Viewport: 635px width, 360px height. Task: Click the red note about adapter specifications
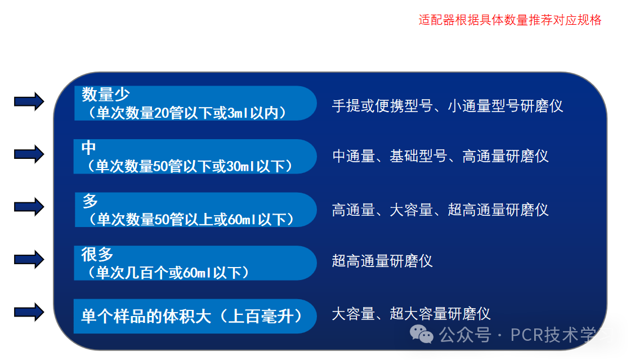click(510, 20)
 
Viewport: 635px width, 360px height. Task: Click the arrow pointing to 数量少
click(29, 101)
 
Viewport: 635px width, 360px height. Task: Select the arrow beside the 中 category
click(29, 154)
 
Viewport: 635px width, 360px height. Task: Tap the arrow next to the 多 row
click(29, 207)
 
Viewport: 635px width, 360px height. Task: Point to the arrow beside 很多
click(29, 260)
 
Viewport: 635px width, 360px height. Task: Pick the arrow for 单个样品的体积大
click(29, 312)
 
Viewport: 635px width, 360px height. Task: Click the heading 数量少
click(106, 95)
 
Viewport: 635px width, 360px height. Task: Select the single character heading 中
click(89, 148)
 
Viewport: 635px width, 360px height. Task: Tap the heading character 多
click(90, 201)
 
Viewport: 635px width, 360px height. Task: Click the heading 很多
click(97, 254)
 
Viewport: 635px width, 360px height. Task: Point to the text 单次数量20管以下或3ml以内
click(187, 113)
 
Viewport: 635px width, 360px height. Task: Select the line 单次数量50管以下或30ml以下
click(190, 166)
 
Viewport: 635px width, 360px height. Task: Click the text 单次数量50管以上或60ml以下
click(191, 219)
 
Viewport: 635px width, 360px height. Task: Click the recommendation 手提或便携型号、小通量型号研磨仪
click(448, 106)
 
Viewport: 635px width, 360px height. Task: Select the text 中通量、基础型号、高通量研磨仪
click(440, 156)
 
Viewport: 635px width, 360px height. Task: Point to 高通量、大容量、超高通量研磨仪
click(440, 210)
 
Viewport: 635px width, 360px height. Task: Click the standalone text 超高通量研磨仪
click(382, 261)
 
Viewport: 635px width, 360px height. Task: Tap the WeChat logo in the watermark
click(421, 334)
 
